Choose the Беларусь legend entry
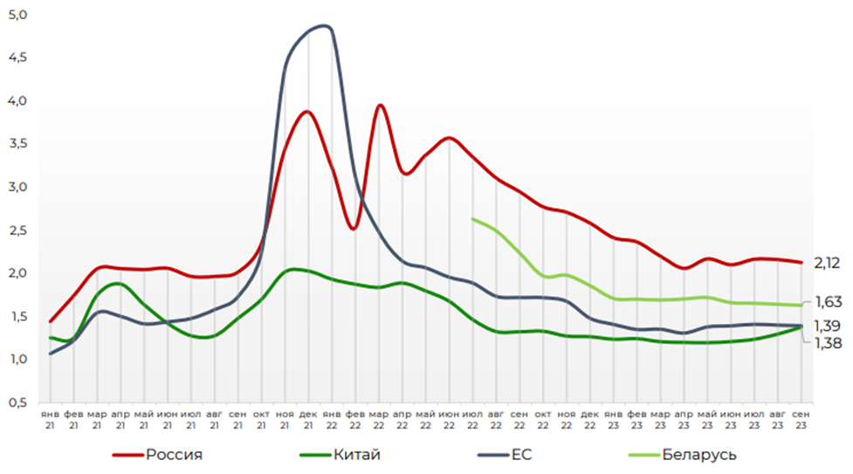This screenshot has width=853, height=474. coord(698,454)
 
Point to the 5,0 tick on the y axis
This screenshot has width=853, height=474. coord(17,16)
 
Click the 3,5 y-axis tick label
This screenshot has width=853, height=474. coord(17,144)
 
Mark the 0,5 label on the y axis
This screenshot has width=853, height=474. coord(17,402)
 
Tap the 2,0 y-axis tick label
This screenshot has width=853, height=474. coord(17,273)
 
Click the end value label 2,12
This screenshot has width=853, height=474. coord(828,262)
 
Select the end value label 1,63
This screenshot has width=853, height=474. coord(828,302)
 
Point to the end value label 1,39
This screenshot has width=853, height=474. coord(828,326)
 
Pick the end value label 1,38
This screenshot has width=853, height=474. coord(828,343)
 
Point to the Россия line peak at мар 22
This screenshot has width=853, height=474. coord(380,105)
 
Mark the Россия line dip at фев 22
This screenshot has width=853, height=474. coord(353,229)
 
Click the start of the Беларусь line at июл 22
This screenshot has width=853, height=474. coord(472,219)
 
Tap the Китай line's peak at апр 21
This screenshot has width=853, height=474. coord(117,284)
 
